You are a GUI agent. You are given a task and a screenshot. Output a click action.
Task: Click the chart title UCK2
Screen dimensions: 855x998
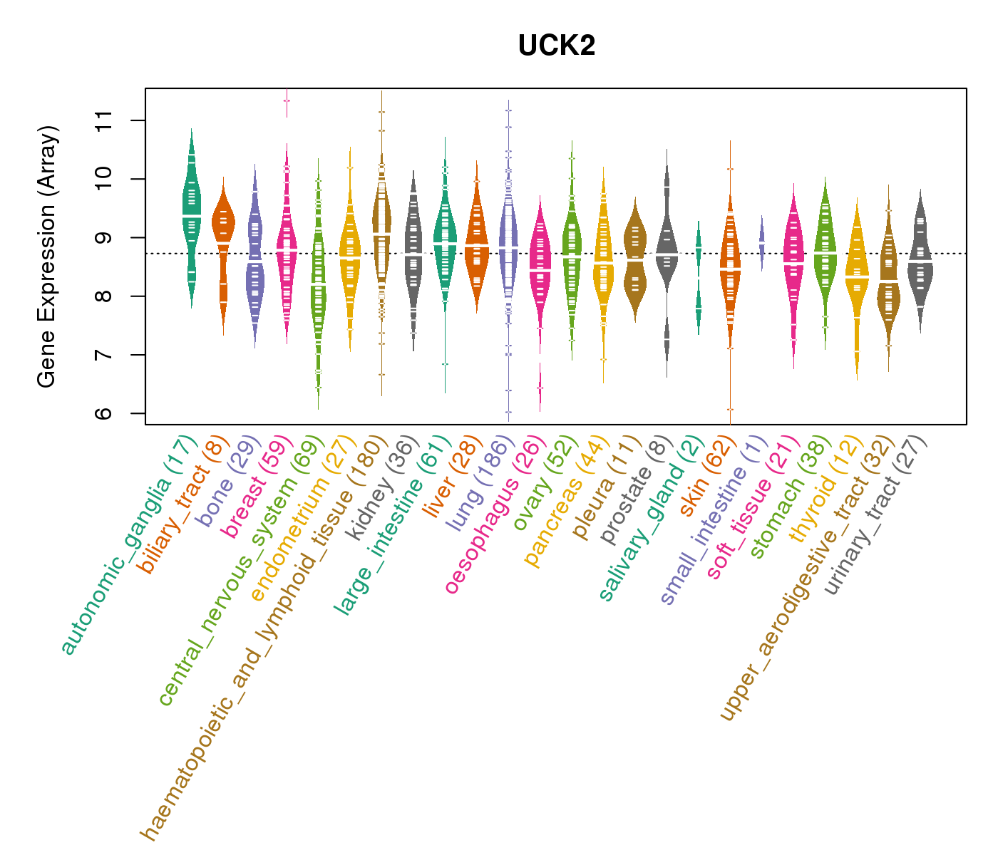(557, 46)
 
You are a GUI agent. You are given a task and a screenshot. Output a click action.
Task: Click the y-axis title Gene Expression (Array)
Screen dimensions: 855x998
(47, 256)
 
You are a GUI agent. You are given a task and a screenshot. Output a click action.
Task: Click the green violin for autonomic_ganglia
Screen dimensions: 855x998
(191, 214)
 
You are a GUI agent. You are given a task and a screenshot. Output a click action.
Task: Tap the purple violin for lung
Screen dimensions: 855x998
(508, 242)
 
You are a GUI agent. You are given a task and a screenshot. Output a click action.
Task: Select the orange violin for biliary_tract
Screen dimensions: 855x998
(223, 228)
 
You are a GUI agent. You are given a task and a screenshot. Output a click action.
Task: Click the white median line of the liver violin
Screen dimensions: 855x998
(476, 245)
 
